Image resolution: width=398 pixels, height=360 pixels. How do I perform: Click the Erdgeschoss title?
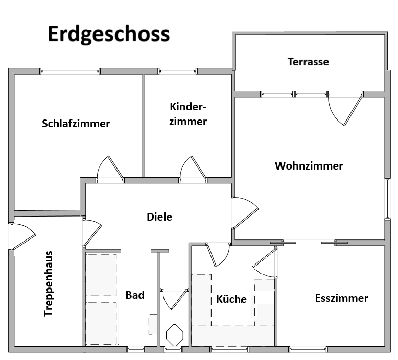(108, 34)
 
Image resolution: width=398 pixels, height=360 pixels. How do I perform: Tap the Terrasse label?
(308, 62)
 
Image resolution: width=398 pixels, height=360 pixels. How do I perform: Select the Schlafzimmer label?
(76, 123)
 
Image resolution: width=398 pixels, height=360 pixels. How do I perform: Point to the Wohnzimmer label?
(309, 166)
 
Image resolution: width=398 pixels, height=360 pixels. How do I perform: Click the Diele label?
(159, 217)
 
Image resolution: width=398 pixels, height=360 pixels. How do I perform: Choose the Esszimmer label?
(342, 298)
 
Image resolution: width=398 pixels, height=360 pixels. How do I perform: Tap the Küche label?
(231, 299)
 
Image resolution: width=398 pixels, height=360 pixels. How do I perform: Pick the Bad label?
(135, 295)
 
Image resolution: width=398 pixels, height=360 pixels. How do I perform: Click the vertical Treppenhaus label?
(49, 283)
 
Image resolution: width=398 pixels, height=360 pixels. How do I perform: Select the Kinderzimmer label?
(188, 114)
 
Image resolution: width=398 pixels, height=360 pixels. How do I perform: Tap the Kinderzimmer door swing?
(193, 169)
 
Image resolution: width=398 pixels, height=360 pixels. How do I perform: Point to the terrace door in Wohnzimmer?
(345, 110)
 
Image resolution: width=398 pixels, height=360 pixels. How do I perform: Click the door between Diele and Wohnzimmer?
(245, 212)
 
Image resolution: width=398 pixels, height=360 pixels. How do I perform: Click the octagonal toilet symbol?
(175, 334)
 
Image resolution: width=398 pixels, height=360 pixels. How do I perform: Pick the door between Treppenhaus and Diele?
(92, 233)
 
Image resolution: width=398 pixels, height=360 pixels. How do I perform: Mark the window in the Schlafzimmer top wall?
(70, 71)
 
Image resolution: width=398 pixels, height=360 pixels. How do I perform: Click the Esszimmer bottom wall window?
(309, 350)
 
